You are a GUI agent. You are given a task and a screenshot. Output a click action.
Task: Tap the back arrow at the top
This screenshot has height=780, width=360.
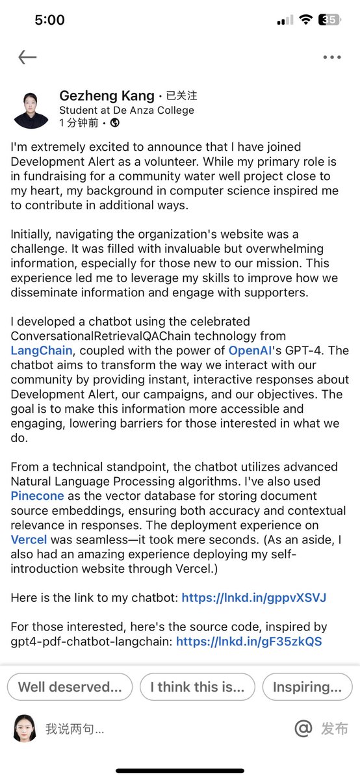(27, 57)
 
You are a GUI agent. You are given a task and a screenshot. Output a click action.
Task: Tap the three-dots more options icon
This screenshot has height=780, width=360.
(332, 57)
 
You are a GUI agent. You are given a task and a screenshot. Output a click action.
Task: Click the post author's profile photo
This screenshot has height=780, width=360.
(31, 110)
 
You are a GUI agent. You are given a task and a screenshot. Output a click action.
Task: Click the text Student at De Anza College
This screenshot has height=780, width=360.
(126, 110)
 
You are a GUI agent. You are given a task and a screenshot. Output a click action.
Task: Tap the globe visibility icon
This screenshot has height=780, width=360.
(115, 122)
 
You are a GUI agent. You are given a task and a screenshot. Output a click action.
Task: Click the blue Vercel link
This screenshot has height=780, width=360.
(30, 539)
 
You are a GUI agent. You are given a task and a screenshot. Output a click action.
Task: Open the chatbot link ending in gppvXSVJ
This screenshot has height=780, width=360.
(253, 597)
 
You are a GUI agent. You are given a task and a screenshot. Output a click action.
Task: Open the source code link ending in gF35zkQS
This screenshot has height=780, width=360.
(249, 642)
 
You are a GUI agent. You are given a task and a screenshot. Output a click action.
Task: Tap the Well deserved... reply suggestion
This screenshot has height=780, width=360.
(70, 686)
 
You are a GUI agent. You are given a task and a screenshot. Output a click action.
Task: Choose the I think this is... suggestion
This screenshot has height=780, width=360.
(197, 686)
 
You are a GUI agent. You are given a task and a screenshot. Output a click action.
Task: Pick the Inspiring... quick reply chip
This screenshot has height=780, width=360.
(307, 686)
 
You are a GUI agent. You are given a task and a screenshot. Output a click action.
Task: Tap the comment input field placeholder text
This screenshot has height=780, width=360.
(75, 729)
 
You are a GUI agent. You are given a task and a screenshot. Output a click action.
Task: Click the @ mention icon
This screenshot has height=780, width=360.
(303, 729)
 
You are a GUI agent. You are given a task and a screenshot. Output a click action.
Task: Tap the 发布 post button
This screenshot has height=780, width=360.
(335, 729)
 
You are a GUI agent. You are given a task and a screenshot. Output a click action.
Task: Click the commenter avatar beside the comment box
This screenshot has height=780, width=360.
(25, 728)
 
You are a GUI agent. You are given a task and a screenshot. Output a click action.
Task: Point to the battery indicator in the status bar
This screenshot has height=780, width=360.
(330, 20)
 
